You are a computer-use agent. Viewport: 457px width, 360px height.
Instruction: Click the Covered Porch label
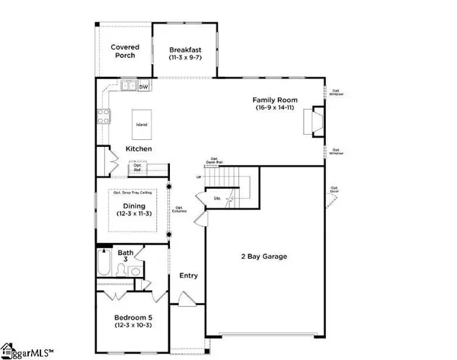point(123,51)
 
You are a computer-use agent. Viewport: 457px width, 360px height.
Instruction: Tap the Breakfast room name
point(186,51)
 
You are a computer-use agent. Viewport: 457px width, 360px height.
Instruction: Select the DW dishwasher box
point(143,88)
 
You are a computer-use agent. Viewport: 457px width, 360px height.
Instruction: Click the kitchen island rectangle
point(141,123)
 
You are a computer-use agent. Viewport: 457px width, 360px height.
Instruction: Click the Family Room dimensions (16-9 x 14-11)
point(275,109)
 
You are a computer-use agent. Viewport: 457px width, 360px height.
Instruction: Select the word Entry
point(187,276)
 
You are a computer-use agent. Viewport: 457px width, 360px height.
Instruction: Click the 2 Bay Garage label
point(264,257)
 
